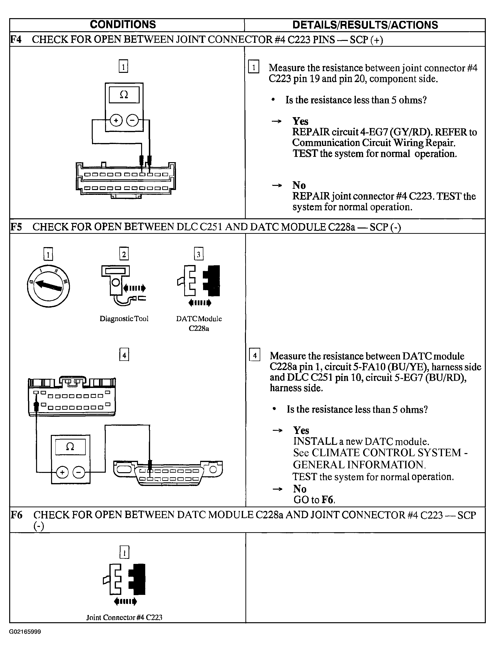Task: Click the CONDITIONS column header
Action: coord(123,24)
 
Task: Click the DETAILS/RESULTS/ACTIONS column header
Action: coord(365,25)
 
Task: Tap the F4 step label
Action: coord(16,39)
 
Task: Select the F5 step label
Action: coord(16,227)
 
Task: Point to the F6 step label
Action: coord(16,515)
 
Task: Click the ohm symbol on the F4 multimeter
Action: coord(124,95)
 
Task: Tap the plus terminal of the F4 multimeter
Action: coord(116,120)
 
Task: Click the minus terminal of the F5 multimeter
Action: coord(79,472)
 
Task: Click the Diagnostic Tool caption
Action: coord(124,319)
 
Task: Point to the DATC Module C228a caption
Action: coord(199,323)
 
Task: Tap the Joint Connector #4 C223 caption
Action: coord(124,617)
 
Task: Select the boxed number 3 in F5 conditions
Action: coord(199,254)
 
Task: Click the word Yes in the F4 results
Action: coord(300,121)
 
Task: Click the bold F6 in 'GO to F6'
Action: coord(327,500)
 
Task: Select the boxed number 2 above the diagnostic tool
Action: coord(124,254)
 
